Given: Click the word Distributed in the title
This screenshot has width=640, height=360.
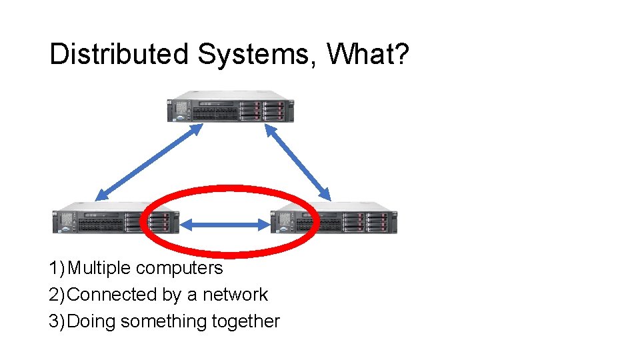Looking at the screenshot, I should [x=119, y=54].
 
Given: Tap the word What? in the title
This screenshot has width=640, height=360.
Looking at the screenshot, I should [x=367, y=54].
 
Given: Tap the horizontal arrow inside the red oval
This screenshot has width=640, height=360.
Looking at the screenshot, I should [x=225, y=225].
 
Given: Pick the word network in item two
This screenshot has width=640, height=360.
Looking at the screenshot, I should [x=235, y=295].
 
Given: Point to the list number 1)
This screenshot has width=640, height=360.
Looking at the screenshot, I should [x=57, y=268].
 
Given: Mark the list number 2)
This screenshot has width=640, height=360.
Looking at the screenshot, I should [x=57, y=295].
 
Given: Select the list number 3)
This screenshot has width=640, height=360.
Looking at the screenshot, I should [x=57, y=321].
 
